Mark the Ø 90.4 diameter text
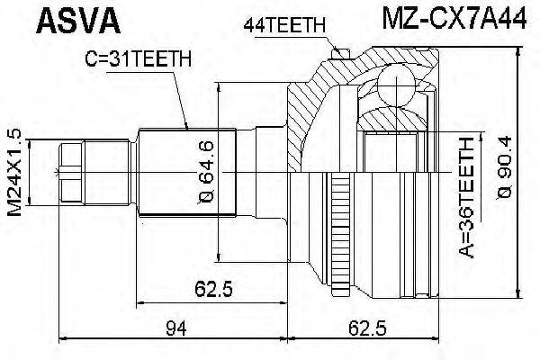(x=505, y=171)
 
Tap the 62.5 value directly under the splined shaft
(x=214, y=290)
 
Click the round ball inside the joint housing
(x=392, y=89)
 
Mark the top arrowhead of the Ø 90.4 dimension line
(x=519, y=52)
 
